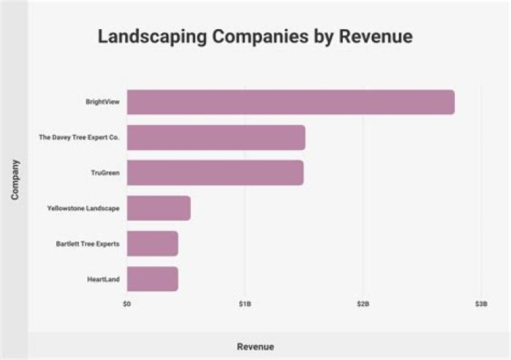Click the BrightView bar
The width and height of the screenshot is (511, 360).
pyautogui.click(x=290, y=102)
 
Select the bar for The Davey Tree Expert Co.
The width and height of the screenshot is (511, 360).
pyautogui.click(x=216, y=137)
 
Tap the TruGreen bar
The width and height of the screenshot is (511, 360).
pyautogui.click(x=215, y=173)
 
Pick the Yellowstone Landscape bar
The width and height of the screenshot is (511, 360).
pyautogui.click(x=158, y=208)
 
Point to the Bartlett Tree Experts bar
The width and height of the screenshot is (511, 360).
pyautogui.click(x=152, y=244)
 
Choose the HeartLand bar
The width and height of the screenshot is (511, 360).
pyautogui.click(x=152, y=279)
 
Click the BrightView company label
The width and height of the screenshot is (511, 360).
pyautogui.click(x=102, y=102)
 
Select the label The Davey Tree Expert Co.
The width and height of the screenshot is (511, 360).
pyautogui.click(x=79, y=137)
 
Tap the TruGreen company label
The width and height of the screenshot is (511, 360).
pyautogui.click(x=105, y=173)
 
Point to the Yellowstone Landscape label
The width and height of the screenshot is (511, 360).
pyautogui.click(x=83, y=208)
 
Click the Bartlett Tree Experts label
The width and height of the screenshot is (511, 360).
pyautogui.click(x=87, y=244)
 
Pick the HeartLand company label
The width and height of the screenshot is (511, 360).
pyautogui.click(x=102, y=279)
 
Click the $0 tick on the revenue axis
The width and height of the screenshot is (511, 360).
pyautogui.click(x=127, y=304)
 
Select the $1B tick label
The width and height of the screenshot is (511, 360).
pyautogui.click(x=245, y=304)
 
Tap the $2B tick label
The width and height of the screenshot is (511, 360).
pyautogui.click(x=363, y=304)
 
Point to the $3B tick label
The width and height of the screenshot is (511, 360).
pyautogui.click(x=480, y=304)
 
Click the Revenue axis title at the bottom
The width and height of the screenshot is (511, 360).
pyautogui.click(x=255, y=347)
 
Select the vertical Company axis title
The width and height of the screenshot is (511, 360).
pyautogui.click(x=15, y=179)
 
